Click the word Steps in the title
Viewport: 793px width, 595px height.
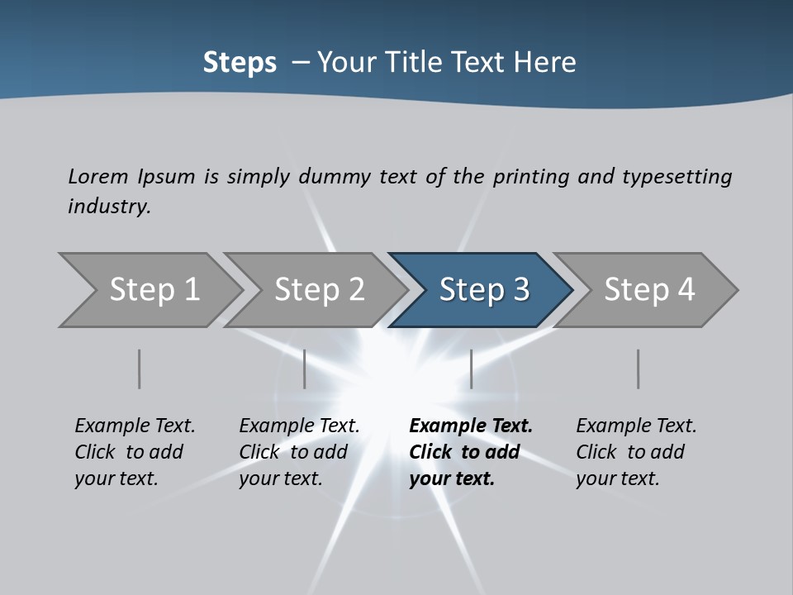(240, 63)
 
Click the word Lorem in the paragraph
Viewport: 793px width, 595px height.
(98, 176)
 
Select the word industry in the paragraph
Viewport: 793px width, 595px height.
(109, 206)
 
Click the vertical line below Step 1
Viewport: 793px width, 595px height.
(140, 369)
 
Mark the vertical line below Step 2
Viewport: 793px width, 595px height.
(305, 369)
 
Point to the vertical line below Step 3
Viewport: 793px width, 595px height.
(471, 369)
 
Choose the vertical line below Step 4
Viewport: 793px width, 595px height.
(638, 369)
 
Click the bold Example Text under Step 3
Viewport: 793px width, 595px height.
(471, 426)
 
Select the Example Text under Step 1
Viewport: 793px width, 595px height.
(135, 426)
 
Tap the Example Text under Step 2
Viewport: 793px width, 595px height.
(299, 426)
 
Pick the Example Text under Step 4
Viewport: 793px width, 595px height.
(636, 426)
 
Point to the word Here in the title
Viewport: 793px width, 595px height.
(548, 63)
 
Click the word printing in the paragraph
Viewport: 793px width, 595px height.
(530, 177)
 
